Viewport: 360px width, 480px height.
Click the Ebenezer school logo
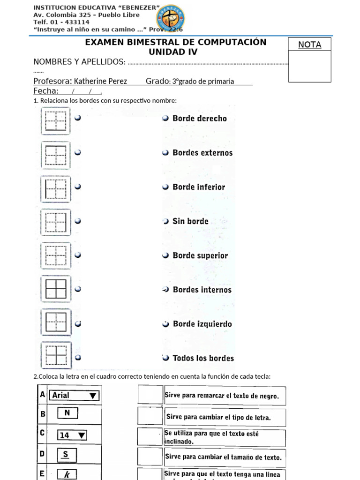[x=170, y=17]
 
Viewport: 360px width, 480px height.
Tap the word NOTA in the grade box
[x=309, y=45]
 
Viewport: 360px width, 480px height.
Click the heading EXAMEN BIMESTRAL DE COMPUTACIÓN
[x=176, y=42]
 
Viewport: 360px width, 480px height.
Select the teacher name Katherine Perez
[x=100, y=81]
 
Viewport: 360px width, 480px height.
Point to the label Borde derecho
[x=200, y=119]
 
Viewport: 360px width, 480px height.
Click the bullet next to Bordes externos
[x=165, y=153]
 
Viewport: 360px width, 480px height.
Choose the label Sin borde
[x=190, y=221]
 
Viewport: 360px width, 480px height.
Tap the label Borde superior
[x=200, y=255]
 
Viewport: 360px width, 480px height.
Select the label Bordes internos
[x=202, y=290]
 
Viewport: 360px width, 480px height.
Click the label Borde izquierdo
[x=202, y=324]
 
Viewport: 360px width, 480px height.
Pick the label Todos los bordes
[x=203, y=358]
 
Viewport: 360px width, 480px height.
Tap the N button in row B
[x=67, y=413]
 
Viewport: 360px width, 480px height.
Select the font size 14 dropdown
[x=72, y=435]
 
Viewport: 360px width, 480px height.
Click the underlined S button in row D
[x=66, y=454]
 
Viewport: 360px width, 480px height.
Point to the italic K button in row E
[x=67, y=474]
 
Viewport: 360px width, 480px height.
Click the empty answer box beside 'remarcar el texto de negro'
[x=150, y=395]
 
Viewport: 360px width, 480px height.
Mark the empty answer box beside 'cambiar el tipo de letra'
[x=150, y=416]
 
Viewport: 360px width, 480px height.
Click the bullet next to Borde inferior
[x=165, y=187]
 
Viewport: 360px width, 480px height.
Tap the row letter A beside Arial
[x=43, y=395]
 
